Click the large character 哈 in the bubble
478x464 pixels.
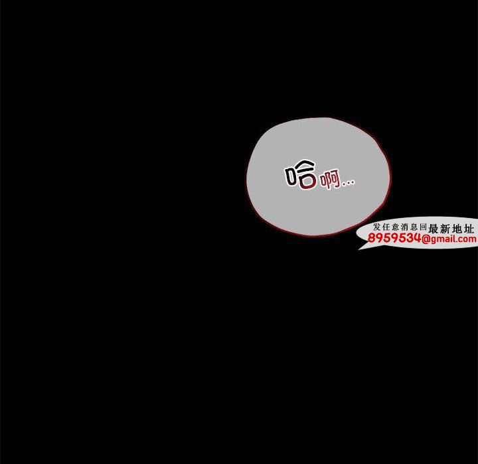pyautogui.click(x=301, y=174)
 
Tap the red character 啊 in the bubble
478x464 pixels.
pyautogui.click(x=330, y=179)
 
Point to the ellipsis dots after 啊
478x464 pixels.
pyautogui.click(x=348, y=182)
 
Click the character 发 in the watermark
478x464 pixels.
pyautogui.click(x=377, y=227)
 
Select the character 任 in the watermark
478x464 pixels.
pyautogui.click(x=386, y=227)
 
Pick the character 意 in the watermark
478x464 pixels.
pyautogui.click(x=396, y=227)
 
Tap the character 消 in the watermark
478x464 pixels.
pyautogui.click(x=404, y=227)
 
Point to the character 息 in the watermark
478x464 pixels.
pyautogui.click(x=414, y=227)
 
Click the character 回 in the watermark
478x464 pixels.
pyautogui.click(x=423, y=227)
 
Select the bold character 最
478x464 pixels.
pyautogui.click(x=433, y=228)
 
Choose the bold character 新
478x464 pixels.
pyautogui.click(x=445, y=228)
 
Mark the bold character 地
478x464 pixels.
pyautogui.click(x=457, y=228)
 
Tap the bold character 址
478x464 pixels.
pyautogui.click(x=469, y=228)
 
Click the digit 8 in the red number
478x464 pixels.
pyautogui.click(x=372, y=238)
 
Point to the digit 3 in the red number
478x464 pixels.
pyautogui.click(x=409, y=238)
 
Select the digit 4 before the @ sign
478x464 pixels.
pyautogui.click(x=416, y=238)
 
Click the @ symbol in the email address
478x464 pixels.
pyautogui.click(x=426, y=239)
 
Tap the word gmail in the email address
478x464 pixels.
pyautogui.click(x=443, y=239)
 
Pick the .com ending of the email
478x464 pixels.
pyautogui.click(x=467, y=239)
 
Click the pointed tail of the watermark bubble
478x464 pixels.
pyautogui.click(x=359, y=249)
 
